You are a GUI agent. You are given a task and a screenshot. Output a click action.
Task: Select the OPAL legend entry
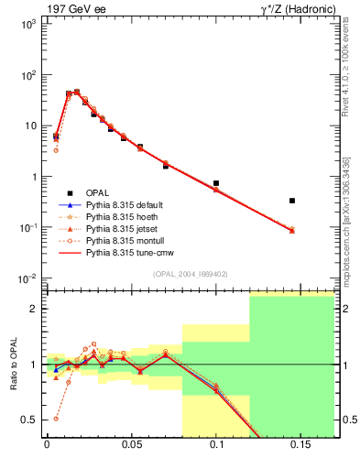pos(98,191)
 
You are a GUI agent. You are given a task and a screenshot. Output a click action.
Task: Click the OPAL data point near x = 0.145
pos(292,200)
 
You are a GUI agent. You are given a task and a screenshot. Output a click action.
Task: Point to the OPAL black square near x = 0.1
pos(216,183)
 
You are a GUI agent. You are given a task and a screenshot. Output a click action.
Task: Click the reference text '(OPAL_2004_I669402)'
pos(191,273)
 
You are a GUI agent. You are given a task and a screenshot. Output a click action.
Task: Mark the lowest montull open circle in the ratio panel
pos(56,418)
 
